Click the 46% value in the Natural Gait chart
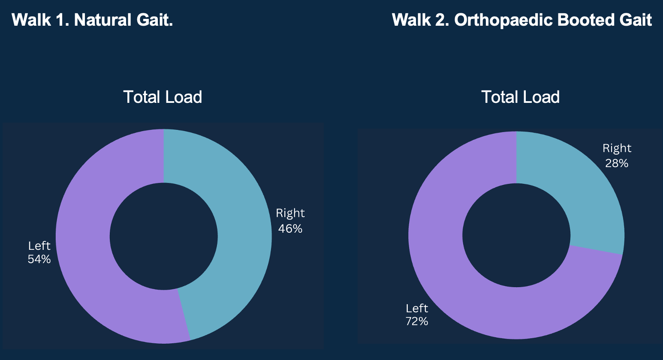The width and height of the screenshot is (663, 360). click(x=290, y=229)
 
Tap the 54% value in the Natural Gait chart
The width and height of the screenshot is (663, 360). click(x=39, y=259)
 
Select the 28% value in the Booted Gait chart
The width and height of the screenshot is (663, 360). click(x=617, y=163)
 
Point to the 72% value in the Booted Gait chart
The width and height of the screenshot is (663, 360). click(x=417, y=321)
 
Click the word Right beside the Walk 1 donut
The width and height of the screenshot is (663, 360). click(x=290, y=213)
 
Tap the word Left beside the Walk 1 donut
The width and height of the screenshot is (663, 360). click(x=39, y=246)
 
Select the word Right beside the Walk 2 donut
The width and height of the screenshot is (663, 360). click(x=617, y=148)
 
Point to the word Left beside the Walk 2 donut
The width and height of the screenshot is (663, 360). click(x=417, y=309)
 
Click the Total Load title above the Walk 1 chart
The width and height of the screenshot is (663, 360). click(x=163, y=97)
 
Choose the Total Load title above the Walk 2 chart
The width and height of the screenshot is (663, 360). click(x=520, y=97)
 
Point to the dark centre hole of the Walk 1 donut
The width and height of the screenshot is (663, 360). click(x=164, y=236)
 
